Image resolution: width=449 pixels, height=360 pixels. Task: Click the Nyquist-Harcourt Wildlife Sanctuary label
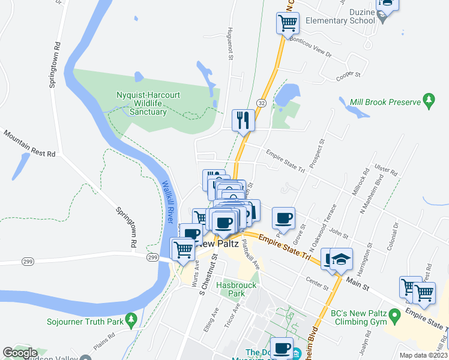148,103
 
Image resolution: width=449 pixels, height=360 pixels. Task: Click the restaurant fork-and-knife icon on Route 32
243,120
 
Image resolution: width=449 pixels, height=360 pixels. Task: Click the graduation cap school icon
340,259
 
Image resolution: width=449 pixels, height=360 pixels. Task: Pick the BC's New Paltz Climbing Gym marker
394,314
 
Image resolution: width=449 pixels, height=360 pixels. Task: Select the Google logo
20,353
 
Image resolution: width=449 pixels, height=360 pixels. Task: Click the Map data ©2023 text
424,355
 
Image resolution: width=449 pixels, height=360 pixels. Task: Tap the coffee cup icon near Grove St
283,218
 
